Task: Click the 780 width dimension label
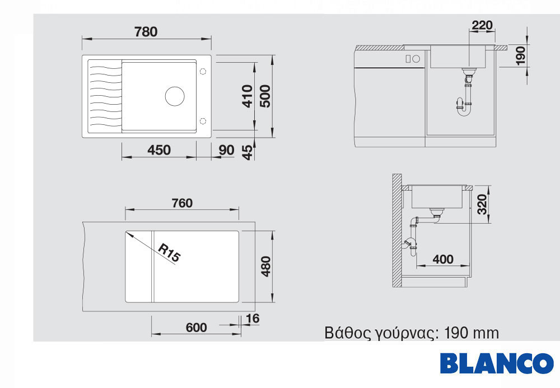tap(146, 32)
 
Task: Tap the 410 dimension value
tap(247, 96)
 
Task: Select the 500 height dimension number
tap(265, 96)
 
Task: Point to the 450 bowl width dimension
tap(159, 150)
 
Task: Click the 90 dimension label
tap(226, 150)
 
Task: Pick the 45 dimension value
tap(247, 152)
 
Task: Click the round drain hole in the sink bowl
tap(175, 96)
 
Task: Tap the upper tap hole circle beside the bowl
tap(203, 72)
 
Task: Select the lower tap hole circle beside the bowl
tap(203, 121)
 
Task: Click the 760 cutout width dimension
tap(182, 203)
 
